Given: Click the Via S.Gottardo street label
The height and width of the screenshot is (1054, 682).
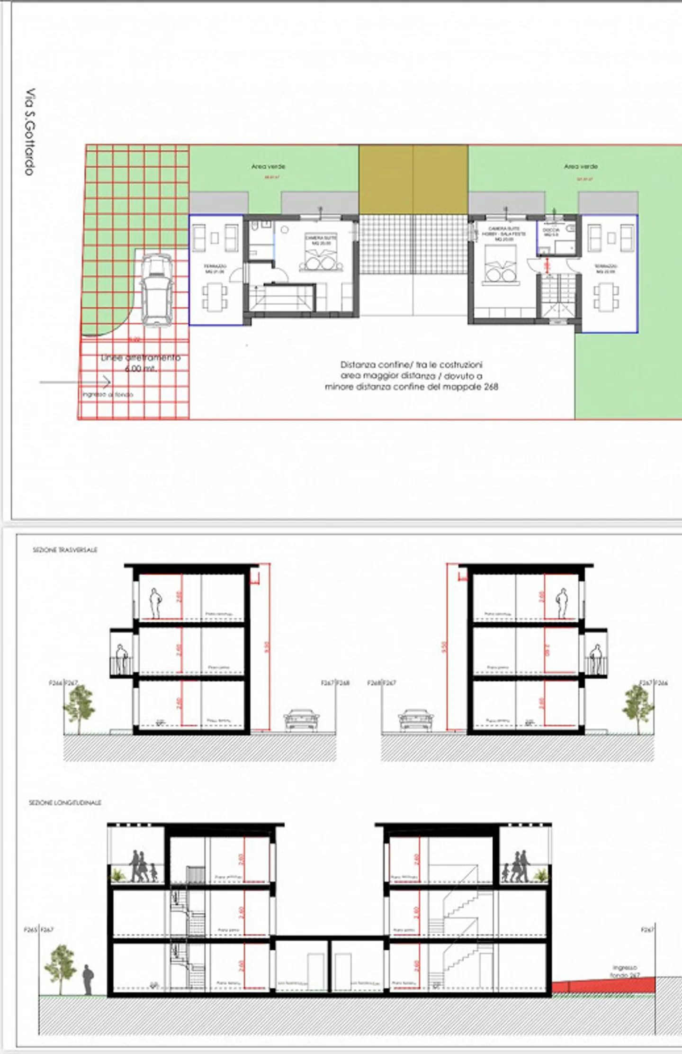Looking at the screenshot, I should click(x=30, y=131).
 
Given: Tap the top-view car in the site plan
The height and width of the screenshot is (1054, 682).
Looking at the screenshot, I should click(x=156, y=290).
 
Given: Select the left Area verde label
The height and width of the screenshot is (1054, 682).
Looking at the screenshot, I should click(x=268, y=167).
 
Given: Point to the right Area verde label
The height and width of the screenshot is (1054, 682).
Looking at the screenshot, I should click(x=581, y=167).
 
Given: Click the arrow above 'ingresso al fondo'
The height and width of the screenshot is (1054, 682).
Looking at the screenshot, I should click(x=76, y=382).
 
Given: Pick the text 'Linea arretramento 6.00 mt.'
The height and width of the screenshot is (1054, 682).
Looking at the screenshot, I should click(x=141, y=363).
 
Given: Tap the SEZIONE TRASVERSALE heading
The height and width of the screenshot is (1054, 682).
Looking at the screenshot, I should click(x=65, y=550).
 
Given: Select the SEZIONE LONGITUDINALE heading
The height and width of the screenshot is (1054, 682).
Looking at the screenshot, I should click(x=65, y=803).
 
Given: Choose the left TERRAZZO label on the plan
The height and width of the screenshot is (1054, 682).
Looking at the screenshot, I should click(x=215, y=269).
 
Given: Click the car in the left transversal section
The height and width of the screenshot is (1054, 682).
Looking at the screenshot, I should click(x=301, y=721).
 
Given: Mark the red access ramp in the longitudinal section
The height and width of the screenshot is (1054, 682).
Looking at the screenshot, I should click(x=603, y=986).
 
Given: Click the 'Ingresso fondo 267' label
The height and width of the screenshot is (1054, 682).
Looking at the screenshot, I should click(x=625, y=971).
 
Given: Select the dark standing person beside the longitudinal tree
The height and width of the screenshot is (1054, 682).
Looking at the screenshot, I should click(x=88, y=980).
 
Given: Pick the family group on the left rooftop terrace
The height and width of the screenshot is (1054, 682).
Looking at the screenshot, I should click(x=142, y=867).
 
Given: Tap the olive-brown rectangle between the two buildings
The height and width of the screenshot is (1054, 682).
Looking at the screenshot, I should click(x=413, y=180).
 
